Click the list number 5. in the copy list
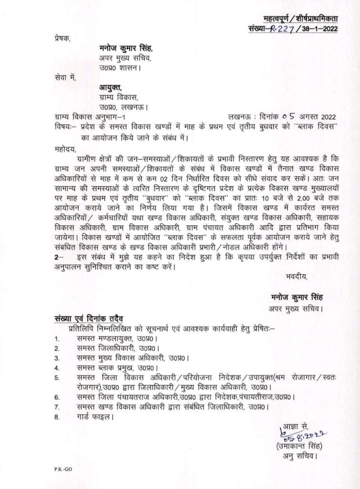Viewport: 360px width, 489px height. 57,379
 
